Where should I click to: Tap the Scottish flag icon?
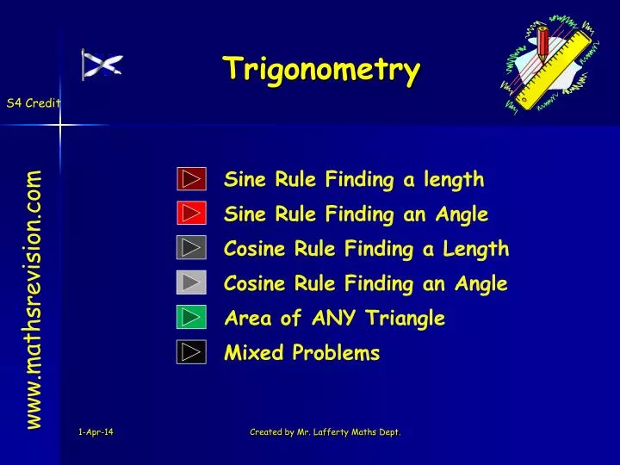(x=102, y=65)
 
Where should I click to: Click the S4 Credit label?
(x=33, y=103)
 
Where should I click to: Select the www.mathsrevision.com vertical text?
(x=34, y=298)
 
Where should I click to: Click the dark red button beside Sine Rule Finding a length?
(x=191, y=179)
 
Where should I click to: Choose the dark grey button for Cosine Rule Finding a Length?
(x=191, y=248)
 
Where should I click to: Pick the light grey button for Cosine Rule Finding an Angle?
(x=191, y=282)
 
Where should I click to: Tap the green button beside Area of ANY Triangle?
(x=191, y=317)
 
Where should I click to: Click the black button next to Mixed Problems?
(x=191, y=351)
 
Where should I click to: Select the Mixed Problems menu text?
(x=301, y=353)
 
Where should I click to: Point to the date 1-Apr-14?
(x=94, y=432)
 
